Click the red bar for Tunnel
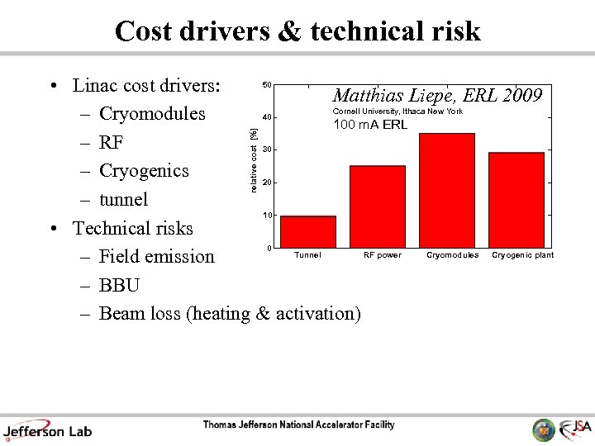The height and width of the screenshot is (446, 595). pyautogui.click(x=308, y=232)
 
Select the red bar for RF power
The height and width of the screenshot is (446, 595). pyautogui.click(x=378, y=206)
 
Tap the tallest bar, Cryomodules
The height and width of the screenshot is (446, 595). pyautogui.click(x=447, y=190)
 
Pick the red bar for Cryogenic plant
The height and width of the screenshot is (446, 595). pyautogui.click(x=516, y=200)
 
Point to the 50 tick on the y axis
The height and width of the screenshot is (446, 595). pyautogui.click(x=266, y=85)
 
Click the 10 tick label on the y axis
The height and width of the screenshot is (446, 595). pyautogui.click(x=266, y=216)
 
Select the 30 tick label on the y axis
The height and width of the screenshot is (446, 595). pyautogui.click(x=266, y=149)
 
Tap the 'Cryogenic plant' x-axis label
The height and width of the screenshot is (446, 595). pyautogui.click(x=522, y=255)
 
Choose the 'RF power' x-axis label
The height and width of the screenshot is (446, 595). pyautogui.click(x=383, y=255)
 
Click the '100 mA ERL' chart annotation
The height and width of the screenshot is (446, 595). pyautogui.click(x=370, y=126)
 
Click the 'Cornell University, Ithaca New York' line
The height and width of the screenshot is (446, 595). pyautogui.click(x=397, y=111)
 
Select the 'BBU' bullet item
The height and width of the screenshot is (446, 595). pyautogui.click(x=119, y=285)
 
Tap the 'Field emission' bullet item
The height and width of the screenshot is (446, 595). pyautogui.click(x=156, y=257)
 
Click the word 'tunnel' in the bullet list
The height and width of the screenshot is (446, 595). pyautogui.click(x=123, y=200)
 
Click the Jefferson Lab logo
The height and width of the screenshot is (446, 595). pyautogui.click(x=47, y=429)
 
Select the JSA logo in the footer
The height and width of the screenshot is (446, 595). pyautogui.click(x=575, y=429)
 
